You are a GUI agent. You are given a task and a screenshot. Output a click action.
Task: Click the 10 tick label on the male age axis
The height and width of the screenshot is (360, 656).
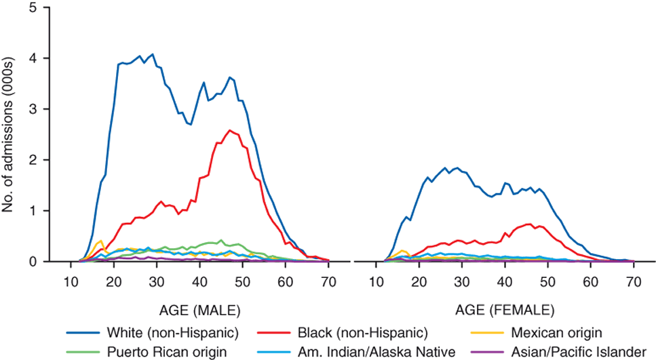tap(71, 281)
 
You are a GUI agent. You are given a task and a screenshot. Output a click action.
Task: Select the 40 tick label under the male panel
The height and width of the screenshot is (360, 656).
tap(199, 281)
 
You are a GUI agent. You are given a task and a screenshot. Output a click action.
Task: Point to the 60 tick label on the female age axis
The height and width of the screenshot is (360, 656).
tap(591, 281)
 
